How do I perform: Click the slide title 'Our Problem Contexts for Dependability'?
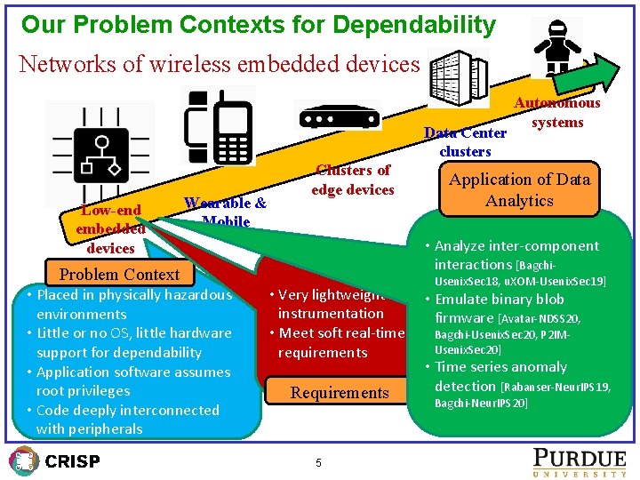click(258, 24)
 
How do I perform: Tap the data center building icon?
click(460, 75)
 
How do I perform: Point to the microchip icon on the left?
click(100, 151)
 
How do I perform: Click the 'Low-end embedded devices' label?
click(110, 228)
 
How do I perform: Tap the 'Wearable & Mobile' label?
click(225, 212)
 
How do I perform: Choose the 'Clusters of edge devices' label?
click(352, 180)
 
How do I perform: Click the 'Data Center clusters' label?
click(465, 142)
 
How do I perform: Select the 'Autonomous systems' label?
click(557, 113)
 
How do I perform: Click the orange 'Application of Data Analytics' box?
click(519, 189)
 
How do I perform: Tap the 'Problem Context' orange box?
click(119, 275)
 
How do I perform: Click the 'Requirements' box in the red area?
click(340, 392)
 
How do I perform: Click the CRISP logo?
click(54, 460)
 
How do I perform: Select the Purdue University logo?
click(579, 460)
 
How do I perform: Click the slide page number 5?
click(318, 462)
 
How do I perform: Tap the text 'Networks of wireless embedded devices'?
click(219, 64)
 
